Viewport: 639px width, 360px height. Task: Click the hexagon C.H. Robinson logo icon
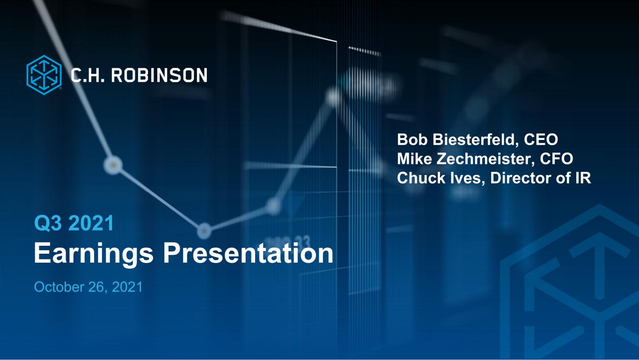44,75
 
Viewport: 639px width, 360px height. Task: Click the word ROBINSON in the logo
159,75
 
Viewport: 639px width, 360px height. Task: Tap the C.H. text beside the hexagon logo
88,75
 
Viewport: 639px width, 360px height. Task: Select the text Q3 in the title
48,223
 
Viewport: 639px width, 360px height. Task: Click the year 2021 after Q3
91,223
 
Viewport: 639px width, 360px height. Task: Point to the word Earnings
94,254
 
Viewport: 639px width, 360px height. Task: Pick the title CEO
541,140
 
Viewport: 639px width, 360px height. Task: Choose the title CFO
557,159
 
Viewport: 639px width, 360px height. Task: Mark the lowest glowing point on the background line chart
204,231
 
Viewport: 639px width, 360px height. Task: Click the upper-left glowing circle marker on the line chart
113,165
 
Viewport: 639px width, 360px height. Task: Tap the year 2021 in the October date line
127,287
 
